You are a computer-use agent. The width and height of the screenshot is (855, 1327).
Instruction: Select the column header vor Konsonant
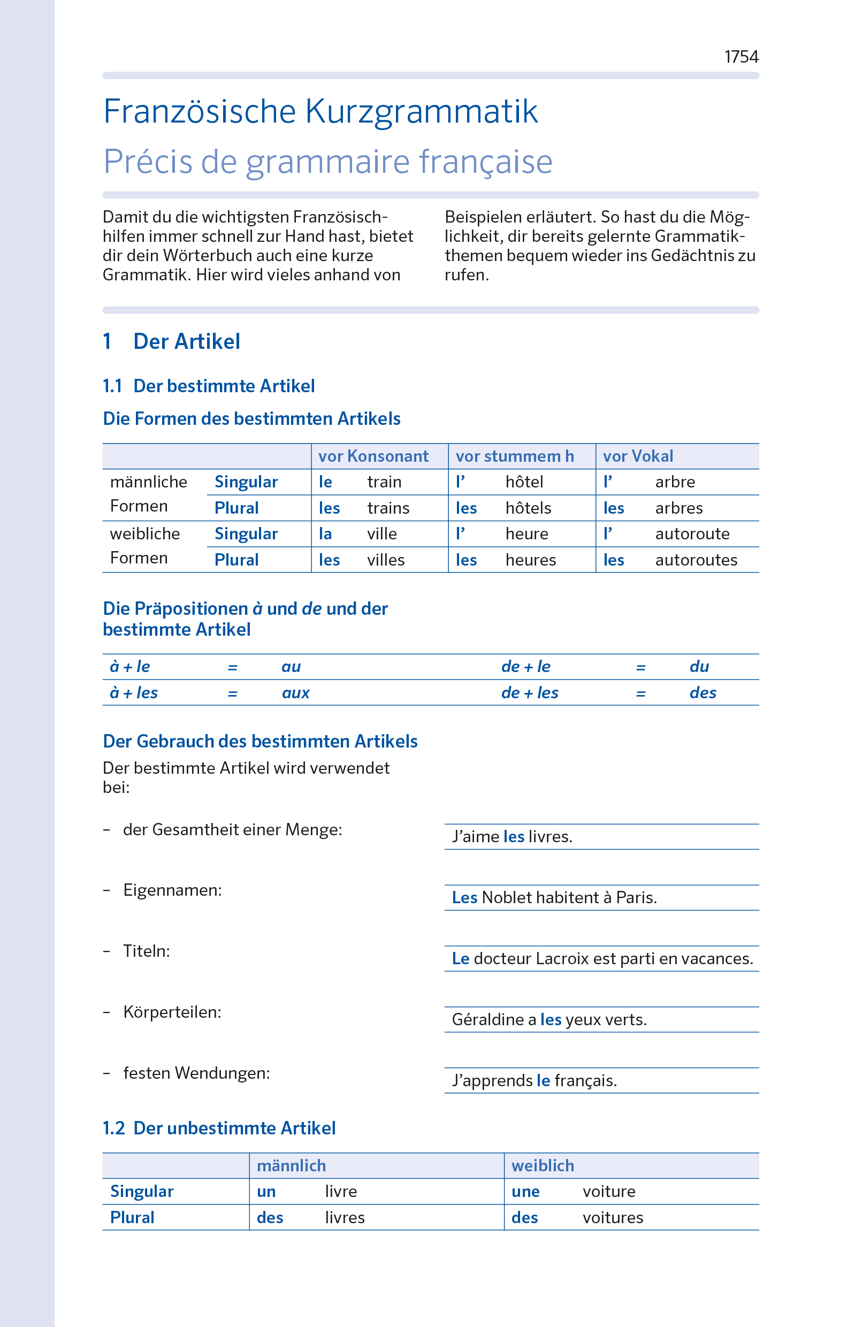click(x=373, y=456)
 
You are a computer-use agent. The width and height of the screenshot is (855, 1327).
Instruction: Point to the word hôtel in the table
click(x=524, y=482)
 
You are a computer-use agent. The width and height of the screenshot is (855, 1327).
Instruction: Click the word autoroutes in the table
click(x=696, y=560)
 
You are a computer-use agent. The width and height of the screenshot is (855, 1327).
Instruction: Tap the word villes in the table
click(x=385, y=560)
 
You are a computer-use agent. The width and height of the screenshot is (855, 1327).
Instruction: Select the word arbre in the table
click(x=675, y=482)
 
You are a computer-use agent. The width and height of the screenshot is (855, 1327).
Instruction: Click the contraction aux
click(x=295, y=693)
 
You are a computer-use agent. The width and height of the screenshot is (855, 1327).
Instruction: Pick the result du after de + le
click(x=699, y=667)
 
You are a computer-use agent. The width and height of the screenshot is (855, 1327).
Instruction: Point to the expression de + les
click(x=529, y=693)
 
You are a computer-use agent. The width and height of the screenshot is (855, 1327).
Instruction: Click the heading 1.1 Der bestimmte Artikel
click(x=209, y=386)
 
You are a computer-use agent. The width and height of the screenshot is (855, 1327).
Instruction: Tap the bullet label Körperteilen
click(x=172, y=1012)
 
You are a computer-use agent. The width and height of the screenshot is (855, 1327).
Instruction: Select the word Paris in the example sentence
click(x=636, y=898)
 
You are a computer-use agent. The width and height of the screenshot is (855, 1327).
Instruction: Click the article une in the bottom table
click(x=525, y=1192)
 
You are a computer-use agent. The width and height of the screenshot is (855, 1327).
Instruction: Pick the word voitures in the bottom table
click(x=613, y=1218)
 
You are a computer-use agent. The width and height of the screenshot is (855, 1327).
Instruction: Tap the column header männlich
click(x=291, y=1165)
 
